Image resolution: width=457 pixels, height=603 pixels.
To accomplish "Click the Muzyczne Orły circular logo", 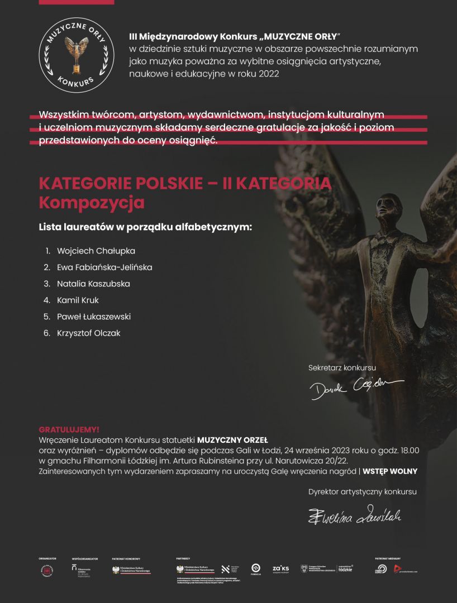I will tap(76, 55).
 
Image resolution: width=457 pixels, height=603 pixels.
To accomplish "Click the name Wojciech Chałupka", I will tap(96, 251).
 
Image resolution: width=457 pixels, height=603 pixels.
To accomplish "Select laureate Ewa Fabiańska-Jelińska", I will tap(104, 267).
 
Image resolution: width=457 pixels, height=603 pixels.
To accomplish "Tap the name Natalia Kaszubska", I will tap(93, 284).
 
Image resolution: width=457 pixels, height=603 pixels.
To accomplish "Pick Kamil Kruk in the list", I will tap(78, 300).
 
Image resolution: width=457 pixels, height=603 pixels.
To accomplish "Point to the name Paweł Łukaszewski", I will tap(94, 317).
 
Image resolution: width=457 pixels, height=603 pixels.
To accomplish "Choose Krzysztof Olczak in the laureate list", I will tap(88, 333).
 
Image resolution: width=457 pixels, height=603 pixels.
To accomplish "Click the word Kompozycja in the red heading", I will tap(92, 203).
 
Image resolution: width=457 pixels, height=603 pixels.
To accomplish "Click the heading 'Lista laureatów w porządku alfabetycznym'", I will tap(145, 228).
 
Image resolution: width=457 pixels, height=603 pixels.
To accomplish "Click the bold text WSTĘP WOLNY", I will tap(390, 471).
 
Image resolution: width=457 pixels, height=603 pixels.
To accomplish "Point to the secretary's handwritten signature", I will tap(356, 386).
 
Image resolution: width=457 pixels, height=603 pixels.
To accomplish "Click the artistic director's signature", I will tap(355, 515).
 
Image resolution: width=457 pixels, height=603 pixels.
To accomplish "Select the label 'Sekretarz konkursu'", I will tap(342, 368).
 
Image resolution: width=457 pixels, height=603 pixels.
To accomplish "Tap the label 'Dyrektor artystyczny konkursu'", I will tap(362, 492).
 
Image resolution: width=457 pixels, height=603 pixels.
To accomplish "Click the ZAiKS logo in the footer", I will tap(280, 569).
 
